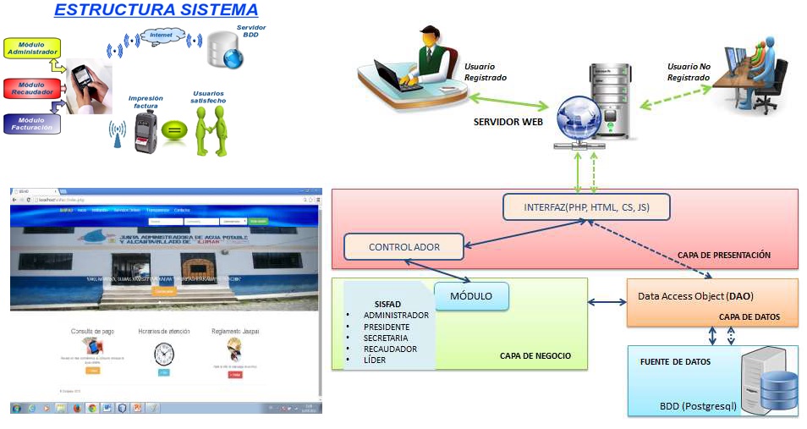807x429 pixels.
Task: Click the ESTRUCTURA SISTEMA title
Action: point(156,10)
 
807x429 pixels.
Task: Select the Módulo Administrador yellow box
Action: point(31,47)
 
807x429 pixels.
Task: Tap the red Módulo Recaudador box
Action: point(30,88)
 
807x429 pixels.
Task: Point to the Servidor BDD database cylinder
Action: point(226,48)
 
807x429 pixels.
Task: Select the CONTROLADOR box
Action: point(403,247)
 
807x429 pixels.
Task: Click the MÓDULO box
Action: point(470,296)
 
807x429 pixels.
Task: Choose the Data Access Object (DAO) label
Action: point(695,296)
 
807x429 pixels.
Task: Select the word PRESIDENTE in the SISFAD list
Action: point(386,327)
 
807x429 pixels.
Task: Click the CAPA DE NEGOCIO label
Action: point(535,356)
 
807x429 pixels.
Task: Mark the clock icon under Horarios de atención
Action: point(164,354)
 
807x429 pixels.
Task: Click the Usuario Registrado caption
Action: point(486,72)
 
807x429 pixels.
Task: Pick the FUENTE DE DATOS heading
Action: point(675,361)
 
